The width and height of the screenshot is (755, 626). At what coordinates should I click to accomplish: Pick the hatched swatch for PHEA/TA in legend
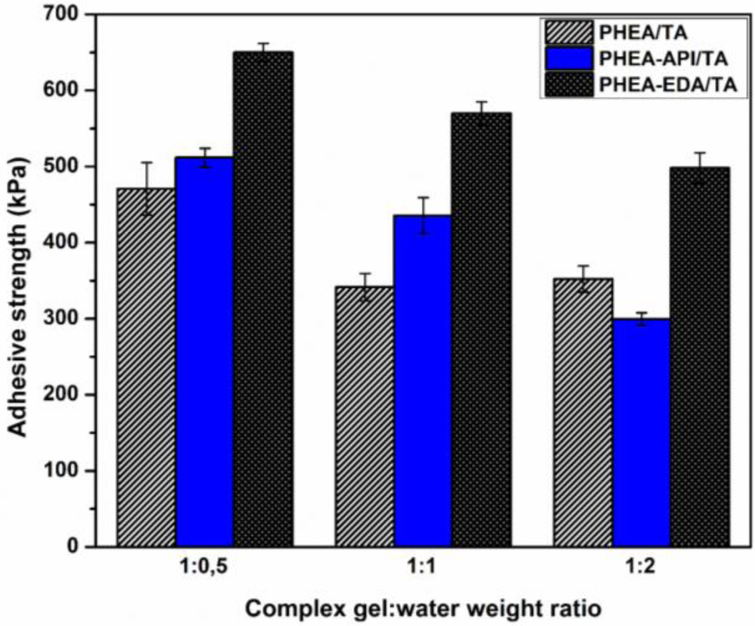pyautogui.click(x=567, y=31)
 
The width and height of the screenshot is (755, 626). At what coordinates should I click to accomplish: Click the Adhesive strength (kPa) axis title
pyautogui.click(x=22, y=280)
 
